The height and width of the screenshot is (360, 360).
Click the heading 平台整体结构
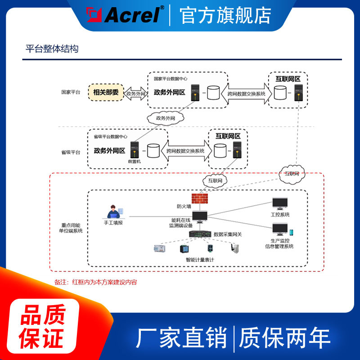[52, 49]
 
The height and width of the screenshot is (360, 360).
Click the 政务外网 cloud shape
[165, 118]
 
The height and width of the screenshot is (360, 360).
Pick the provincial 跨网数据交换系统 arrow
[185, 151]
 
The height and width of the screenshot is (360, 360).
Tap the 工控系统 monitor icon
[280, 204]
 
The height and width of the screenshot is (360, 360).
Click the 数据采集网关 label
[228, 234]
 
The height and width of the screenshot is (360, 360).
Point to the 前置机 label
[134, 161]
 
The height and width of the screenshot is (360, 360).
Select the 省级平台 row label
[71, 152]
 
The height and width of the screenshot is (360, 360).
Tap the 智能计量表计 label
[199, 260]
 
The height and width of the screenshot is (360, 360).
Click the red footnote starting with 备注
[95, 282]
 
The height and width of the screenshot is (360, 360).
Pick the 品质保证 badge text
[43, 326]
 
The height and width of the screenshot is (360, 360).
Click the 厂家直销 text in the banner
[182, 338]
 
